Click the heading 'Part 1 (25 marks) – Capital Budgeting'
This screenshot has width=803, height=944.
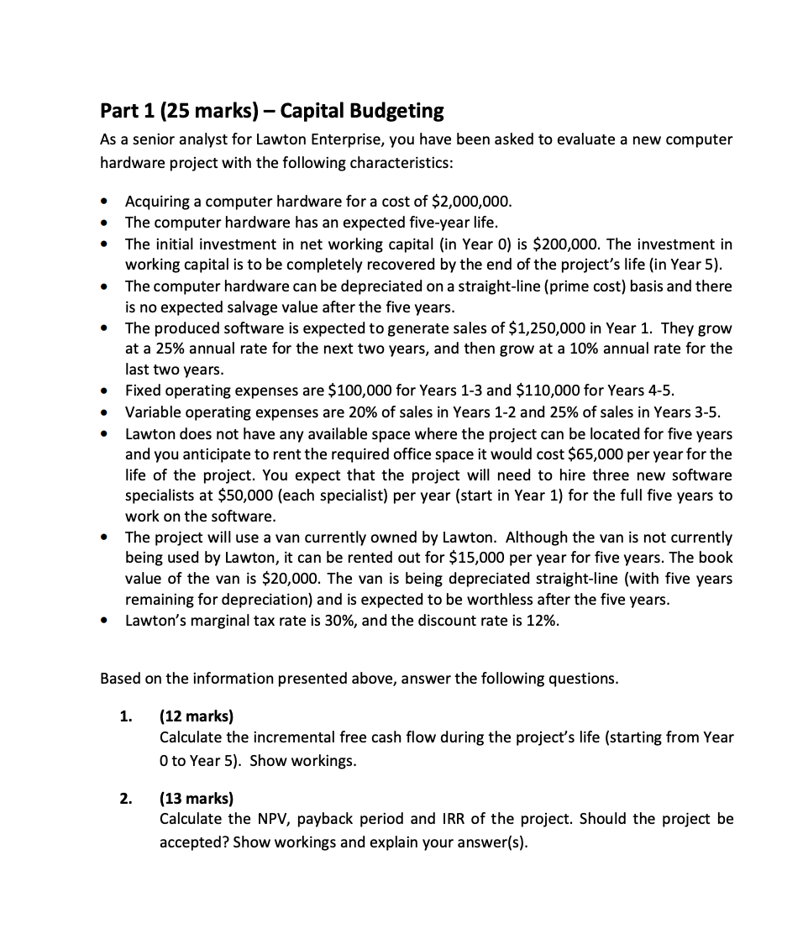coord(271,110)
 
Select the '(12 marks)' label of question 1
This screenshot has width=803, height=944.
coord(197,716)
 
